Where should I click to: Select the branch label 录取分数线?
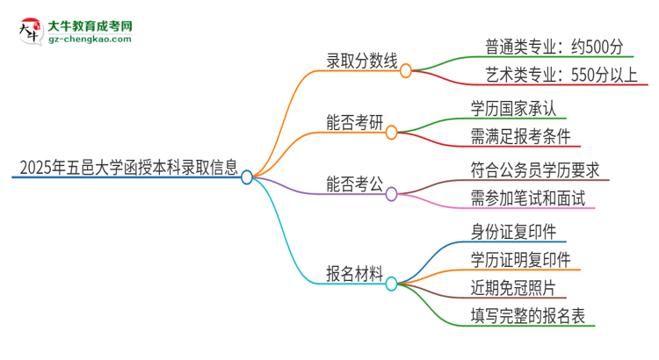361,63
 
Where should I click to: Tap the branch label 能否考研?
354,125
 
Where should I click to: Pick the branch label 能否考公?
354,186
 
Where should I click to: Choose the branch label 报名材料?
354,274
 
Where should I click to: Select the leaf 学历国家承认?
513,108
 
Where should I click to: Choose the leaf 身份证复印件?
513,231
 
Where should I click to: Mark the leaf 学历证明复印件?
521,259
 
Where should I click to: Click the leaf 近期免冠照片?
513,287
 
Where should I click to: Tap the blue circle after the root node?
247,177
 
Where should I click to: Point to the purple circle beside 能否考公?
392,195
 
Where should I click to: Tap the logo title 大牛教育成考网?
91,24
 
